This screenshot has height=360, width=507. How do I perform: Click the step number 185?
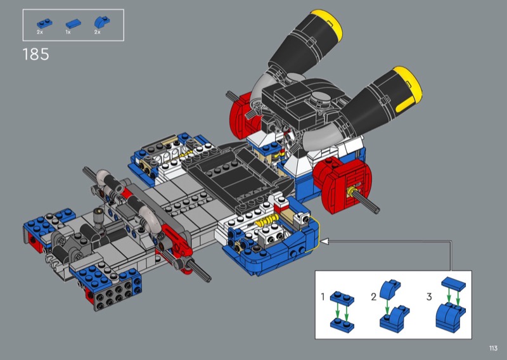point(36,55)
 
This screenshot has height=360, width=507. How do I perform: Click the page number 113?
point(493,348)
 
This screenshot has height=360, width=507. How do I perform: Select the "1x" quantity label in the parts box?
point(68,32)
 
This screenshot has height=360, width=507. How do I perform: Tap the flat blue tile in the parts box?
point(74,23)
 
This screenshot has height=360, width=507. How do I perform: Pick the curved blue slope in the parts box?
point(102,22)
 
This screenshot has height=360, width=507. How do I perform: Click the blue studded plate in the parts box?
point(45,23)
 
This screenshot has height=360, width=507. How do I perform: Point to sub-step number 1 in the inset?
point(323,296)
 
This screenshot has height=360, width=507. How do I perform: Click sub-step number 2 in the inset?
point(374,297)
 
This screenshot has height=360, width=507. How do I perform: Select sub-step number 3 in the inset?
point(429,296)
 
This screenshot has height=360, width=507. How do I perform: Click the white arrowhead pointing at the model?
point(324,241)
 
